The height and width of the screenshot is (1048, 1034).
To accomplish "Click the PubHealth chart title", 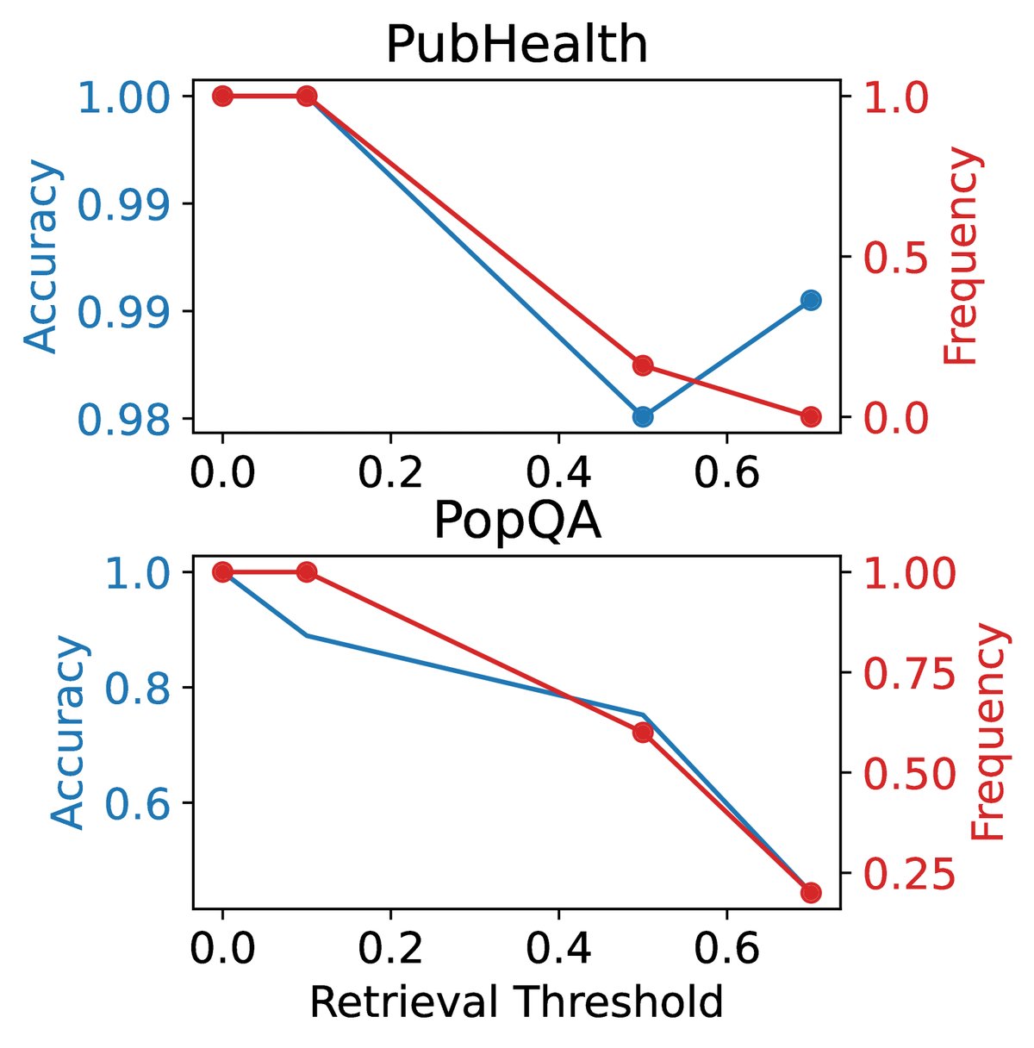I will pos(515,45).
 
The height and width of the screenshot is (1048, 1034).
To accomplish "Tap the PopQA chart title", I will pos(516,521).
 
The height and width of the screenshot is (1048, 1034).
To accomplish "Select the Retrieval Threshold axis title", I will pos(515,1002).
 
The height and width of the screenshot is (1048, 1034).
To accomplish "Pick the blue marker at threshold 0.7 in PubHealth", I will pos(811,300).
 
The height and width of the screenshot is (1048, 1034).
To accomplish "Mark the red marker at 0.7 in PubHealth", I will pos(811,417).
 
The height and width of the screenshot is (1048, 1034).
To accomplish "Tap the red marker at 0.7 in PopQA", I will pos(811,892).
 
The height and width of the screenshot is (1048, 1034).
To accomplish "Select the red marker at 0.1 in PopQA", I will pos(307,571).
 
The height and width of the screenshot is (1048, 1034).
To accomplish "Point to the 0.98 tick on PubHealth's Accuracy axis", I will pos(129,420).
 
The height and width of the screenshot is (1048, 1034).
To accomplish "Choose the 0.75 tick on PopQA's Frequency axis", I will pos(909,673).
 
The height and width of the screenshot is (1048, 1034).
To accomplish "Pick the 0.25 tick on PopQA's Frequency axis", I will pos(909,873).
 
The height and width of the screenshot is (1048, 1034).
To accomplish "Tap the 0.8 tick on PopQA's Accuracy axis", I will pos(141,688).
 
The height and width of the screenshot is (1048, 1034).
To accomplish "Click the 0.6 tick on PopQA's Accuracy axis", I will pos(141,803).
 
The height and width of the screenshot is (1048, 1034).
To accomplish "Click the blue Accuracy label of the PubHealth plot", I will pos(41,257).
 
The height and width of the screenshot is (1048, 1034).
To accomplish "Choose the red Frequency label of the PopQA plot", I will pos(987,733).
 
